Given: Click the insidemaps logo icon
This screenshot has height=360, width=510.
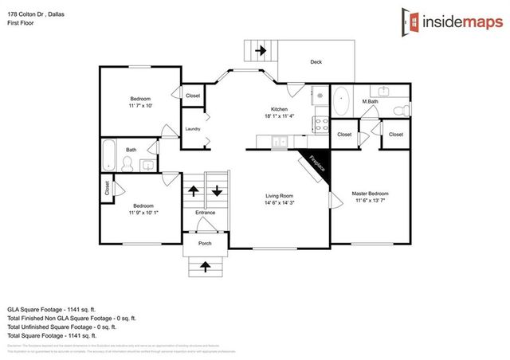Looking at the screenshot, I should pyautogui.click(x=410, y=22).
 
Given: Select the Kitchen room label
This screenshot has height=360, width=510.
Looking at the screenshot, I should pyautogui.click(x=279, y=109).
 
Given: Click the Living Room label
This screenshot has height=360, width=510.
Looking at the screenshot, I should pyautogui.click(x=279, y=195).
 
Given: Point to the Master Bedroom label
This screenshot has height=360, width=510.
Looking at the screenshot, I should pyautogui.click(x=371, y=194).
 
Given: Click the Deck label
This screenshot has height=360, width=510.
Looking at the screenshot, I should pyautogui.click(x=316, y=61).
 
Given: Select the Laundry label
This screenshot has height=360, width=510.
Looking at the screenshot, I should pyautogui.click(x=193, y=128).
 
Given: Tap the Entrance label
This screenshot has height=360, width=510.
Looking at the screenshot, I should pyautogui.click(x=205, y=213).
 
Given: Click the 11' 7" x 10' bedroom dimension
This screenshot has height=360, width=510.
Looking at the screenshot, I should pyautogui.click(x=140, y=105).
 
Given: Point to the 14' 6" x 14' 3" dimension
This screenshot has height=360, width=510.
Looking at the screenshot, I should pyautogui.click(x=279, y=202).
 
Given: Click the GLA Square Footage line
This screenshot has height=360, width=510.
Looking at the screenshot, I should pyautogui.click(x=53, y=308).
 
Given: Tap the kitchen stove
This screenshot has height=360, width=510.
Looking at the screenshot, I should pyautogui.click(x=323, y=124).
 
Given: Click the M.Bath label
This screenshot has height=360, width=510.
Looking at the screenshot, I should pyautogui.click(x=370, y=101).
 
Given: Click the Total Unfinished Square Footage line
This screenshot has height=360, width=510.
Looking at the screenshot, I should pyautogui.click(x=61, y=327).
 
